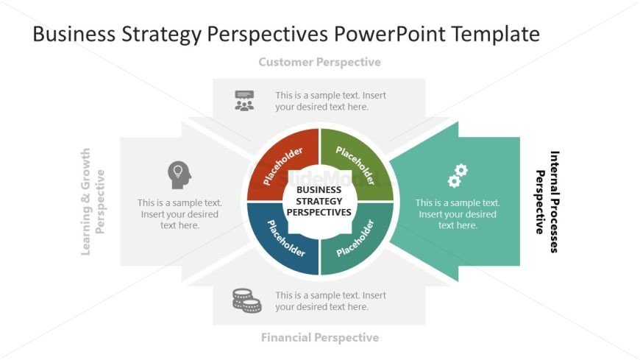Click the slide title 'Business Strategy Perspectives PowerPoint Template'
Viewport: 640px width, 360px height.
[x=286, y=34]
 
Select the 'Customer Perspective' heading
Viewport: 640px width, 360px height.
[x=319, y=62]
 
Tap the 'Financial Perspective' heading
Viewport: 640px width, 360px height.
[x=319, y=337]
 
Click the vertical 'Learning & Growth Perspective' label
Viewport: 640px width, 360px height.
[x=93, y=202]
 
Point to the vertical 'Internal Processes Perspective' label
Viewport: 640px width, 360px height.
[x=547, y=202]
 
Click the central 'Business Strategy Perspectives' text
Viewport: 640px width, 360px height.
[x=319, y=201]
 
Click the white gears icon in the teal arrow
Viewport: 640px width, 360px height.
[x=458, y=175]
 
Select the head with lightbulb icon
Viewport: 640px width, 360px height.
[x=179, y=174]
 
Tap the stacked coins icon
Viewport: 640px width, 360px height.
[x=246, y=300]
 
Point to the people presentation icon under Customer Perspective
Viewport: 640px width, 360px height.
[x=244, y=100]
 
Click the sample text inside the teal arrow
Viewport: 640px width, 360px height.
[x=458, y=214]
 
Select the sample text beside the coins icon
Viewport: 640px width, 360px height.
[x=330, y=301]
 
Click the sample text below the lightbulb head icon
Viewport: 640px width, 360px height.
[x=179, y=214]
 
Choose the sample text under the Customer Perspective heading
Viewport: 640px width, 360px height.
[x=330, y=101]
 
